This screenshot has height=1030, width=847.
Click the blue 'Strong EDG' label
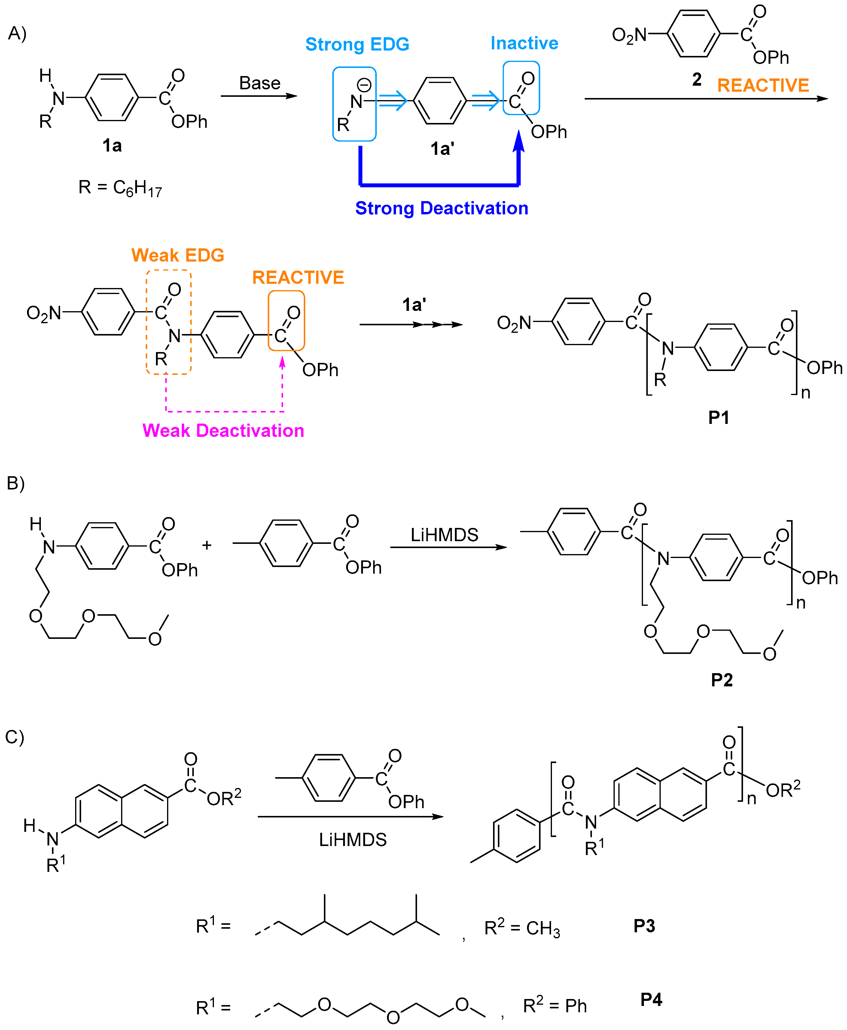point(357,44)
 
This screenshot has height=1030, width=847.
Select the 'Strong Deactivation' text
point(442,208)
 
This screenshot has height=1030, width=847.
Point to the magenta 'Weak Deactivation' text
point(223,431)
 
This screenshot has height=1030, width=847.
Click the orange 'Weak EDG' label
point(178,255)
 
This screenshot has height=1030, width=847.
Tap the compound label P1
point(719,418)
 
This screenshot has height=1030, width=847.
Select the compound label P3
point(644,926)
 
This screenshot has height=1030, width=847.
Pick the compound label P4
point(651,1000)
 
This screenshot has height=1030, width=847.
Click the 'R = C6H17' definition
point(120,187)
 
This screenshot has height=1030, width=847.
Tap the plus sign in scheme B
point(207,545)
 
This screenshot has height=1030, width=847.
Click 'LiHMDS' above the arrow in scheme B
point(444,535)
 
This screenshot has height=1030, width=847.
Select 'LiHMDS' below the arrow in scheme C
point(353,840)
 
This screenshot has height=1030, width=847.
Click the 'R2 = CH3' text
point(522,927)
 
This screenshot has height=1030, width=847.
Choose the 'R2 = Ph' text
point(555,1006)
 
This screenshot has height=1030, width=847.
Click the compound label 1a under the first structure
point(112,146)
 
